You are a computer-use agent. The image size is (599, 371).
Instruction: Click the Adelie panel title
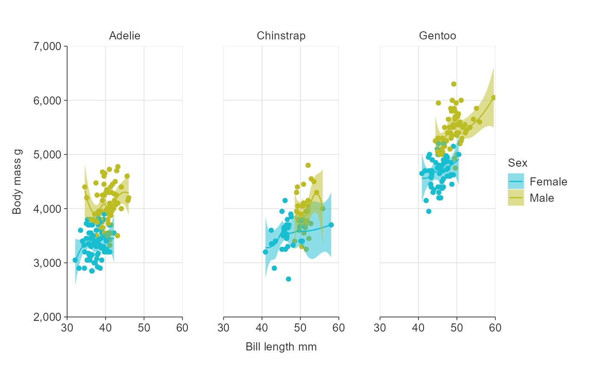tap(125, 36)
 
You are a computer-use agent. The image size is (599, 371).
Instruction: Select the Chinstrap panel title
tap(281, 36)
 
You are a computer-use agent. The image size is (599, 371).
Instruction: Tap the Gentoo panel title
tap(437, 36)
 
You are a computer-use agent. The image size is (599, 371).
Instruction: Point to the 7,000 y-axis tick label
tap(47, 46)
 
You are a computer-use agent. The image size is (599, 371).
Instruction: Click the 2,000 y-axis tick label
tap(47, 317)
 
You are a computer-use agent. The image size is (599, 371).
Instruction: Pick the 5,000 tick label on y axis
tap(47, 155)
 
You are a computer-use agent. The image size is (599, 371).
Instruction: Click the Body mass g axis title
tap(17, 182)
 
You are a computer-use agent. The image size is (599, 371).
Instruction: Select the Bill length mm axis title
tap(281, 347)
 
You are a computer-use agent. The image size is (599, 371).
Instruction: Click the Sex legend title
tap(517, 163)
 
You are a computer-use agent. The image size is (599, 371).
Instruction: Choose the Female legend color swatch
tap(516, 182)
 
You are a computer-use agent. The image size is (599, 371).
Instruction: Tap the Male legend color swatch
tap(516, 198)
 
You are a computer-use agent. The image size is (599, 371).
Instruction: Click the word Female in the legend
tap(548, 182)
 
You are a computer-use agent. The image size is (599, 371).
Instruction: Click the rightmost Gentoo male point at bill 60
tap(493, 98)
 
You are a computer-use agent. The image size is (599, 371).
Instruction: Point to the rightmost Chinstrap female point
tap(331, 225)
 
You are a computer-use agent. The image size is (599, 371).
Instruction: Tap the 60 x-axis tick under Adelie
tap(182, 328)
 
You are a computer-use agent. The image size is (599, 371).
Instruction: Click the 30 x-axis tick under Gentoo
tap(380, 328)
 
